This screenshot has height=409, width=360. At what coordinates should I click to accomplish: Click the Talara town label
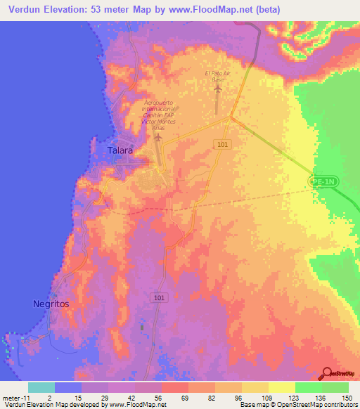coord(120,150)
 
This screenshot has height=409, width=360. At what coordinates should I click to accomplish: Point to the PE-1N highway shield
coord(324,181)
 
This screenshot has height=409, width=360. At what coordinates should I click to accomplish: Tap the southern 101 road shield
coord(160,298)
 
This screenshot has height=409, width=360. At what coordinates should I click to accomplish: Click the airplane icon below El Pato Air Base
coord(217,89)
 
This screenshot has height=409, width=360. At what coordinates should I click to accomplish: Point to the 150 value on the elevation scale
coord(346,397)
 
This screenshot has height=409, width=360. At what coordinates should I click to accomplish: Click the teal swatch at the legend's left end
coord(41,387)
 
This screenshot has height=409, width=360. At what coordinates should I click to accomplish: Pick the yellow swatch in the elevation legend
coord(255,387)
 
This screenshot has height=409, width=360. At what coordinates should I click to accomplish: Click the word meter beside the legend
coord(11,397)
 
